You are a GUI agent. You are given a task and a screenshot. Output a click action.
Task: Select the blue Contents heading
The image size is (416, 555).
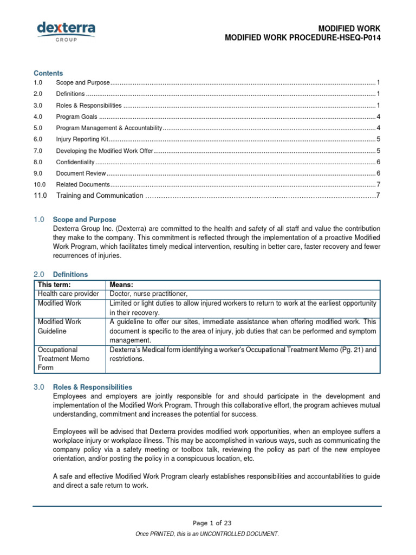tap(48, 73)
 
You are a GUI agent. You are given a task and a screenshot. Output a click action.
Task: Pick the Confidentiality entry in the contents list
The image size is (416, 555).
tap(75, 162)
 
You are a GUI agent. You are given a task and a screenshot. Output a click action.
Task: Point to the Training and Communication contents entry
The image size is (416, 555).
tap(100, 196)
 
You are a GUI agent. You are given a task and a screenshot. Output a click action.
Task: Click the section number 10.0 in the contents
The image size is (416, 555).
tap(40, 185)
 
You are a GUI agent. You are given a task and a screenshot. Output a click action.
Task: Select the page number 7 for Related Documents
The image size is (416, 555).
tap(378, 185)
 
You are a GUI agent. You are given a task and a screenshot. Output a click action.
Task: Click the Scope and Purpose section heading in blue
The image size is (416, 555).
tap(84, 220)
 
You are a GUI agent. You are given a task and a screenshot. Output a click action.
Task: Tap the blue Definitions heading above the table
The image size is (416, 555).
tap(70, 274)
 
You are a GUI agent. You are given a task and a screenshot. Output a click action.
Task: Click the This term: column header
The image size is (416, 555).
tap(54, 285)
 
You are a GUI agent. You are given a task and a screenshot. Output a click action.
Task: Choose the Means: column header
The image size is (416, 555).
tap(121, 285)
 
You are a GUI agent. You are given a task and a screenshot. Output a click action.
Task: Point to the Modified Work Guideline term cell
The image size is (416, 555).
tap(60, 326)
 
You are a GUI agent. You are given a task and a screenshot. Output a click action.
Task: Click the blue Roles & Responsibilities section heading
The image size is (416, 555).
tap(92, 387)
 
